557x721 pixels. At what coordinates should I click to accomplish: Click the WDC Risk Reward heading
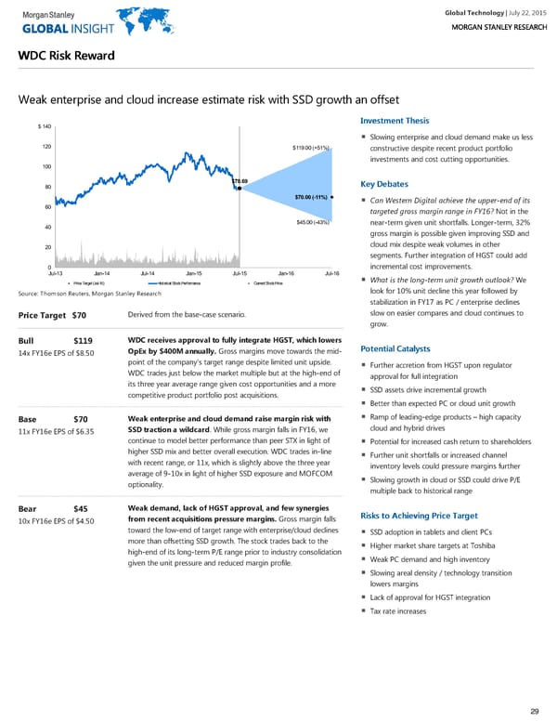(66, 56)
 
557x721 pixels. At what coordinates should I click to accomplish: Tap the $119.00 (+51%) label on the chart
(310, 148)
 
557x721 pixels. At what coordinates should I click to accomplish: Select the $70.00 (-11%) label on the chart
(308, 198)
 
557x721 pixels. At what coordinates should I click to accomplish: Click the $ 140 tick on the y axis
(44, 126)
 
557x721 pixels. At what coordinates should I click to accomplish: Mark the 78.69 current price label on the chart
(239, 180)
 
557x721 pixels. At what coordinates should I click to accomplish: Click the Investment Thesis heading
(393, 120)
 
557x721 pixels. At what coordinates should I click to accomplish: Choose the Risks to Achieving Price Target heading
(418, 516)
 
